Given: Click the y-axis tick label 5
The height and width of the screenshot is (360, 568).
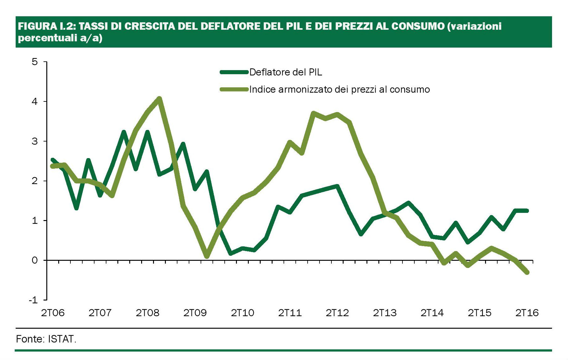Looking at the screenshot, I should click(34, 62).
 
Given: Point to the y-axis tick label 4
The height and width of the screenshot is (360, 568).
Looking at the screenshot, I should click(34, 101).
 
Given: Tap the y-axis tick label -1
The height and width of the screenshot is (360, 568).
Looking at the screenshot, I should click(33, 300).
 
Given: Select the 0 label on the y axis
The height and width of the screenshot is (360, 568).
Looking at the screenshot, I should click(34, 260).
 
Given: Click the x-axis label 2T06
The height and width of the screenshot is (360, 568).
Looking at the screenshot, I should click(53, 313).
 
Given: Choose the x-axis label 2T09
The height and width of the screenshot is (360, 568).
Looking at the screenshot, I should click(195, 313).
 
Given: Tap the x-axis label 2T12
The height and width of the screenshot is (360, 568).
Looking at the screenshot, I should click(337, 313).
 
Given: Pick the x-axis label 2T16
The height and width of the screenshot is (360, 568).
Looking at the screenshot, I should click(527, 313).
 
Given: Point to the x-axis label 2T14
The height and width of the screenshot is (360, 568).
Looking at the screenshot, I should click(432, 313).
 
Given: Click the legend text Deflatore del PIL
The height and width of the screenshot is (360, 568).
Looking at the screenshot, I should click(285, 72).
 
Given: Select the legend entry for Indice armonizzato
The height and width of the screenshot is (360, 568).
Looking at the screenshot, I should click(339, 90).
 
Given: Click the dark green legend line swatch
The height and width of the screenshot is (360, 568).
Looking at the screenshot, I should click(234, 72).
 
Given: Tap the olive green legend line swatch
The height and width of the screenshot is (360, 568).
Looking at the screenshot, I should click(234, 90).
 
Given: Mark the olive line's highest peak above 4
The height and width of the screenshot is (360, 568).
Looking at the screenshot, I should click(159, 99).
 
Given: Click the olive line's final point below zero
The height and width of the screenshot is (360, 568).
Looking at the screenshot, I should click(527, 272).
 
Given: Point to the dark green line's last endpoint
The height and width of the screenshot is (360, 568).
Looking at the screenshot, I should click(527, 211).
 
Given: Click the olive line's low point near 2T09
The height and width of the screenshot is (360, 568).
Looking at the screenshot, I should click(207, 256).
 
